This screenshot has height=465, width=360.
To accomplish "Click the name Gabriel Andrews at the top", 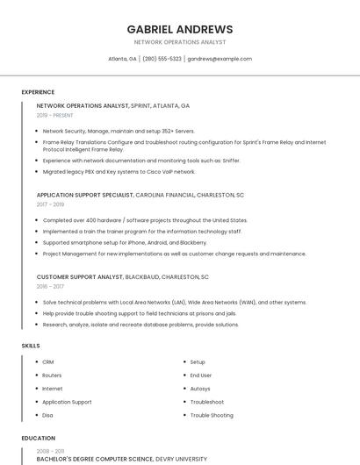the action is [180, 29].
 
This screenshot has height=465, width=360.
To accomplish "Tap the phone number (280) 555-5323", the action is [162, 59].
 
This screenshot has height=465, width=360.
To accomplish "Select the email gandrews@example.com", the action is [220, 59].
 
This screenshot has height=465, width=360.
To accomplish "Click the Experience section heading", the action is [38, 92].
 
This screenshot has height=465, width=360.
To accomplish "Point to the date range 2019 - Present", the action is [55, 115].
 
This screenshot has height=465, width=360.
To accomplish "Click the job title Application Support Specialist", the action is [84, 195].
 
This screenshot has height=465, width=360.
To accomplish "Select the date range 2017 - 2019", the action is [50, 204].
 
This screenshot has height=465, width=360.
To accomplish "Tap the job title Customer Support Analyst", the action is [80, 276].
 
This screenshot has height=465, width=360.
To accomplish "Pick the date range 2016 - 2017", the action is [50, 286].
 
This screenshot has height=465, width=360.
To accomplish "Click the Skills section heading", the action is [31, 346].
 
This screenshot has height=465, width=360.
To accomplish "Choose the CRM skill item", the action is [48, 362].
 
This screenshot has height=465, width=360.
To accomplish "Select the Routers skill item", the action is [52, 376].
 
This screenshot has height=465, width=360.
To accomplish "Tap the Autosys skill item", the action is [200, 389].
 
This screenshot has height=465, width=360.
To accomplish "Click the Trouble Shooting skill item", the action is [212, 415].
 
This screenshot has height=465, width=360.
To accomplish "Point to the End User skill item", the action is [201, 376].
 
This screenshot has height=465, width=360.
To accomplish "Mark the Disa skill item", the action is [48, 415].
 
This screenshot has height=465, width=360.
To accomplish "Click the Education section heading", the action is [38, 438].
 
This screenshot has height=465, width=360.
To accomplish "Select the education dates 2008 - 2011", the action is [50, 450].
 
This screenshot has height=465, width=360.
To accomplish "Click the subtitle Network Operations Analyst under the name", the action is [180, 42].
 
